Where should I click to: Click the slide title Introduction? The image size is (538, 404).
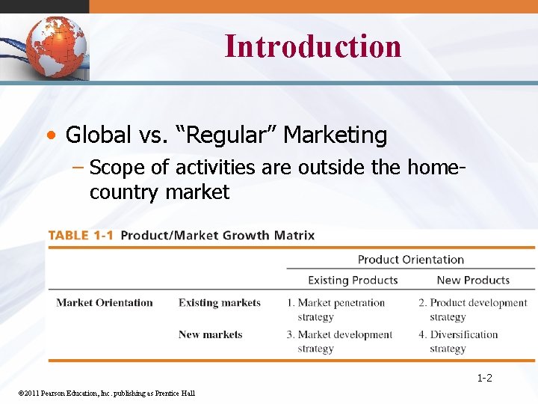(312, 46)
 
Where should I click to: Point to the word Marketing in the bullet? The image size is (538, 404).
(336, 135)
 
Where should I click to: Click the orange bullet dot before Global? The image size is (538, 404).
(50, 136)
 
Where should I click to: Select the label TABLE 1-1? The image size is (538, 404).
(81, 235)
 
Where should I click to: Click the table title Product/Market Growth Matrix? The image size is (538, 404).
(217, 235)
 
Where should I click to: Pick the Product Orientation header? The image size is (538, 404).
(410, 260)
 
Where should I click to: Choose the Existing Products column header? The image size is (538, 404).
(353, 280)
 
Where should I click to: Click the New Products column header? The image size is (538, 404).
(473, 280)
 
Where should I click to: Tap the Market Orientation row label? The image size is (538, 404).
(105, 303)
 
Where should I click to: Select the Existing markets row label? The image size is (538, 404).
(220, 303)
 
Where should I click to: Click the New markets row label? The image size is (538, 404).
(210, 334)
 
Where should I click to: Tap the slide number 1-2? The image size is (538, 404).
(484, 378)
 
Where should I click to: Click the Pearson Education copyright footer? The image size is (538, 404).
(105, 394)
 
